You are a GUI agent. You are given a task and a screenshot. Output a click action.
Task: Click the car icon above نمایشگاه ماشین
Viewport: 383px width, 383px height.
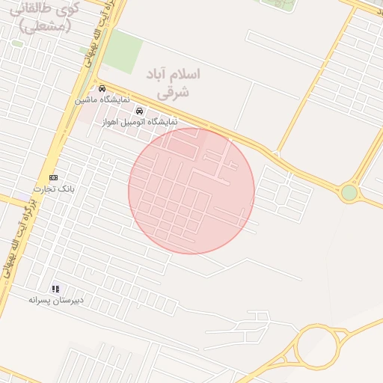tap(102, 88)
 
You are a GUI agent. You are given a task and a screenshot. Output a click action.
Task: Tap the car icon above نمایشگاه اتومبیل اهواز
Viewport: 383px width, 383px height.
tap(139, 111)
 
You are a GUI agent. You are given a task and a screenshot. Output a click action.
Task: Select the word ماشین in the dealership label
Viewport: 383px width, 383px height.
tap(85, 99)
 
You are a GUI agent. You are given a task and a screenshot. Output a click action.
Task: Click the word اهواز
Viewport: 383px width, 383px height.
tap(112, 121)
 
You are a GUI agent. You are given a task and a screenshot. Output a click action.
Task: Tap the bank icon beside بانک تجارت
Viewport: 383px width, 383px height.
tap(53, 177)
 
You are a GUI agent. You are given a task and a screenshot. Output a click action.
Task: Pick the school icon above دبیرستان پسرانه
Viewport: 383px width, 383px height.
tap(55, 289)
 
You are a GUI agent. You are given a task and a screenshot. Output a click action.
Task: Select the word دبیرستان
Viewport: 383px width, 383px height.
tap(69, 300)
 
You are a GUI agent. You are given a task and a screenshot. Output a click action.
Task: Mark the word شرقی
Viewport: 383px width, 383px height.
tap(174, 93)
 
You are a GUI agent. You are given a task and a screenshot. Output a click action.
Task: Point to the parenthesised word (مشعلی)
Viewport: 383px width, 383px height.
tap(45, 26)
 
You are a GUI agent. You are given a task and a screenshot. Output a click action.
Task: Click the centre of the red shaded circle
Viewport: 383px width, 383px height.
tap(191, 191)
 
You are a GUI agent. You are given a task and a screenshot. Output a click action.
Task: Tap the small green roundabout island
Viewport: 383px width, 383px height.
tap(349, 192)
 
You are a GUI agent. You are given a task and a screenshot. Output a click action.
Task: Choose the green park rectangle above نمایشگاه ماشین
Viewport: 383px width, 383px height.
tap(122, 50)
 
